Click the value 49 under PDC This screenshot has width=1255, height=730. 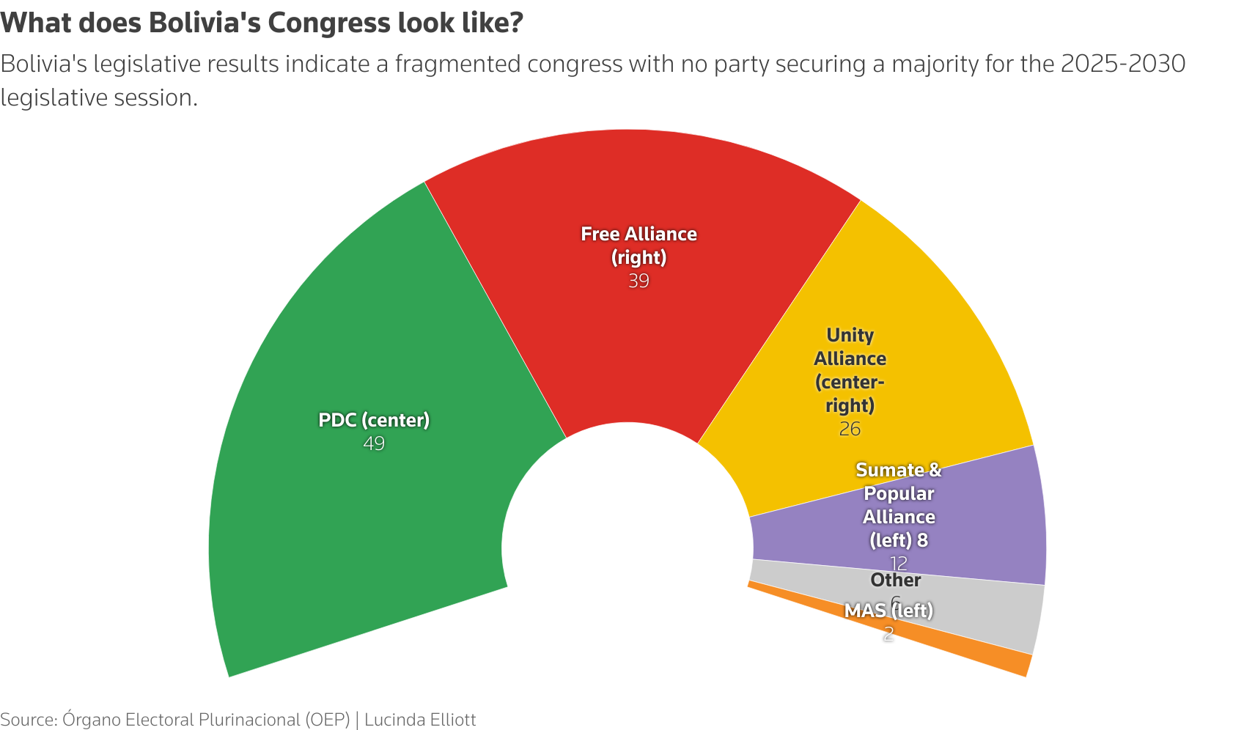point(374,443)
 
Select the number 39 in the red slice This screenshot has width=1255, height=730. point(638,281)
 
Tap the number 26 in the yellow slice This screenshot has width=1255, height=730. point(850,429)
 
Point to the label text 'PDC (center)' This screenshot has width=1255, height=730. point(374,420)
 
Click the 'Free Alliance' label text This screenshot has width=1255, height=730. point(638,234)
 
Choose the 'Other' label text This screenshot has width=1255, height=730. point(895,580)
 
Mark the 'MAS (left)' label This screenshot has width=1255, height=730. point(888,611)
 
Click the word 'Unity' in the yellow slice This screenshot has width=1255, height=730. point(850,335)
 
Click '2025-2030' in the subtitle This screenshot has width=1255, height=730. point(1122,64)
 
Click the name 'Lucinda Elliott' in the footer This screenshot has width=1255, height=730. point(420,720)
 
